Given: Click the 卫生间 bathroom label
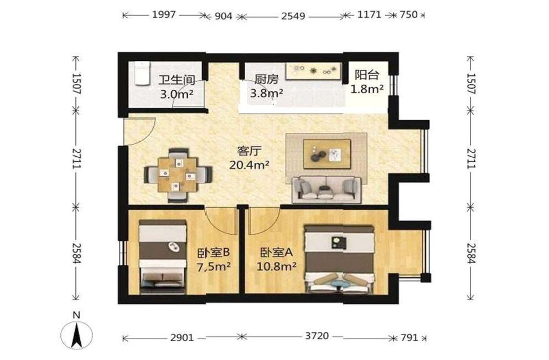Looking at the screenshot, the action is point(177,80).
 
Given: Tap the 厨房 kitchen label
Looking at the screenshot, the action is point(266,79).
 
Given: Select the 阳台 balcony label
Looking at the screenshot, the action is point(367,75).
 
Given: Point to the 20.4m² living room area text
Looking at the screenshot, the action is point(249,165).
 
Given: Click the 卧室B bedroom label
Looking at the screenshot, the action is point(213,253).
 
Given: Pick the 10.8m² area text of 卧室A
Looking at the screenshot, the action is point(277,267).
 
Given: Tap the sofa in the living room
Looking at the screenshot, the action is point(327,189).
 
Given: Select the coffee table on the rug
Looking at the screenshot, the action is point(327,153).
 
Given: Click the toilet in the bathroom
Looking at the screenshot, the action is point(142,73).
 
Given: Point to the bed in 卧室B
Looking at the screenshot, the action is point(163,257).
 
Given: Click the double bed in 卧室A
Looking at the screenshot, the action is point(339,259).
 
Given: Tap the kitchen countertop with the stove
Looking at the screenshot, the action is point(313,71).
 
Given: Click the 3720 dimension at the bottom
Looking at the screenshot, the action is point(317,336).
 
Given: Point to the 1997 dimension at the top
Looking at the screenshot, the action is point(163,15).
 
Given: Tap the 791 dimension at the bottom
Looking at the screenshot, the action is point(409,337).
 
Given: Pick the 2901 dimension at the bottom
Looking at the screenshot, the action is point(182,337).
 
